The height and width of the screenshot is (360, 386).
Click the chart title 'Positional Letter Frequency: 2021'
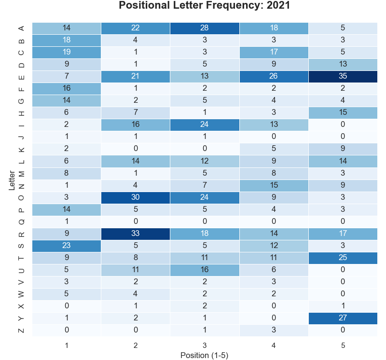(204, 6)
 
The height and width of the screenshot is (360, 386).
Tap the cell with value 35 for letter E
(343, 77)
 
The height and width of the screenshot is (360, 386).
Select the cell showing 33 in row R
(136, 234)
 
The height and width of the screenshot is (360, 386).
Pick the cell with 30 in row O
(136, 197)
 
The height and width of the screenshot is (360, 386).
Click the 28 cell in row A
(205, 28)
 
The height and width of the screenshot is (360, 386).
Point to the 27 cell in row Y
(343, 318)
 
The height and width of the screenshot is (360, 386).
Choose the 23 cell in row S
(67, 246)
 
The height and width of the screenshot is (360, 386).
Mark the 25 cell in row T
(343, 258)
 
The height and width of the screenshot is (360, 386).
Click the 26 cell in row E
(274, 77)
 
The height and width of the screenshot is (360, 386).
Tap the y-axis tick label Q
(21, 222)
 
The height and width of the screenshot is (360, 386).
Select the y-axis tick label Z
(21, 330)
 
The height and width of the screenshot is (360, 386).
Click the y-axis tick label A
(21, 28)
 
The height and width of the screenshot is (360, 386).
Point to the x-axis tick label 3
(205, 345)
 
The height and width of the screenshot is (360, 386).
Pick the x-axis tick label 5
(343, 345)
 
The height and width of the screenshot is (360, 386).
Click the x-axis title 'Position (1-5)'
(204, 355)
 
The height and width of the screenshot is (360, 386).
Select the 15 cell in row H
(343, 113)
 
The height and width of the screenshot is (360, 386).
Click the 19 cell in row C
(67, 53)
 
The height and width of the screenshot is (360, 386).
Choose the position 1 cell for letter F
(67, 89)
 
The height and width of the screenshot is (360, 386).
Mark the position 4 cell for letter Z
(274, 330)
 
